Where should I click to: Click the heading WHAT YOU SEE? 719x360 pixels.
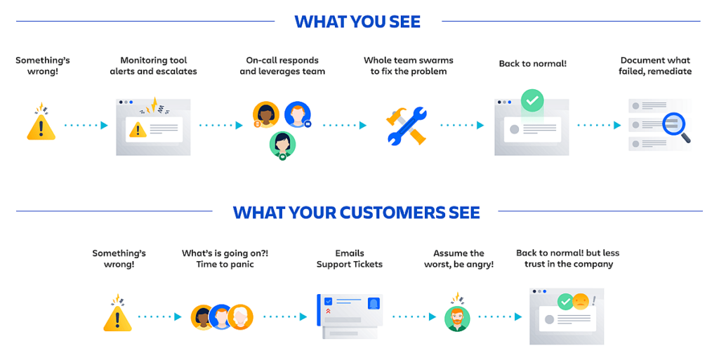coord(357,22)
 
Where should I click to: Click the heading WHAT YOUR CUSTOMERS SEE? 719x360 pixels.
coord(356,213)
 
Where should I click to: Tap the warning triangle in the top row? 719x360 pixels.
coord(41,127)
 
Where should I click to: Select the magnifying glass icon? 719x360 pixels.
coord(676,127)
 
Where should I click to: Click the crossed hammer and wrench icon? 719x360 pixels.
coord(407,126)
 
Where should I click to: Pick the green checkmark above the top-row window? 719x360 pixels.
coord(532,100)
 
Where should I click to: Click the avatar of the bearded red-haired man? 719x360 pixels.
coord(457,319)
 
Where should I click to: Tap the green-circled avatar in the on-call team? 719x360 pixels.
coord(282,145)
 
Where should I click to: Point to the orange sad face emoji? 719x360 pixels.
coord(581,301)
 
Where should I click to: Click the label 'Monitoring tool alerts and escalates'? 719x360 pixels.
coord(153,65)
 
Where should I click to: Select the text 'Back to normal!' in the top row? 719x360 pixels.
coord(533,64)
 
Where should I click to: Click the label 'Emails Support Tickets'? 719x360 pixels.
coord(350,258)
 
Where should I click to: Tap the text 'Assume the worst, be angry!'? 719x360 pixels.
coord(459,258)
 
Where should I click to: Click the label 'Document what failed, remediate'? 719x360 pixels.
coord(655,65)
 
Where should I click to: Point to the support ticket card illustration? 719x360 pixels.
coord(350,316)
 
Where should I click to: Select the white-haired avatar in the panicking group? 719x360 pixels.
coord(240,317)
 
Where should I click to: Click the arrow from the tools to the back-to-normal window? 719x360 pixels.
coord(462,125)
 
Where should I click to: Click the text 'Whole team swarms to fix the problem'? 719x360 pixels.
coord(409,65)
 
